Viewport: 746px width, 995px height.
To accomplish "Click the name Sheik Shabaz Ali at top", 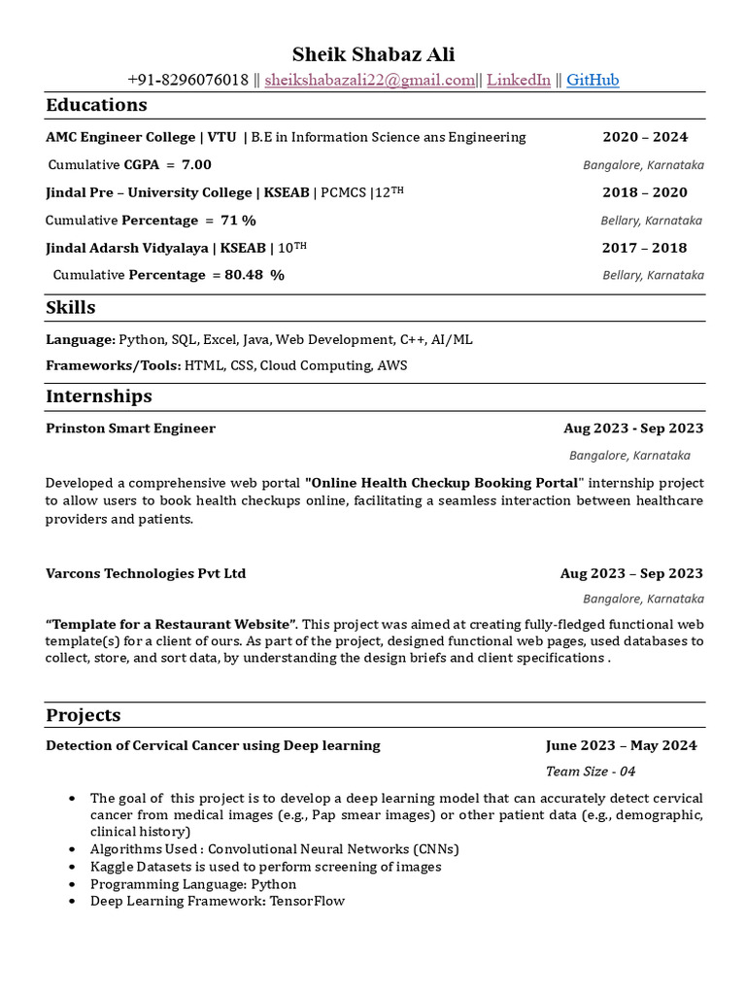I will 374,54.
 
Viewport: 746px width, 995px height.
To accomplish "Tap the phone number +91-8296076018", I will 187,80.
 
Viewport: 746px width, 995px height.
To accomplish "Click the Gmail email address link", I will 369,80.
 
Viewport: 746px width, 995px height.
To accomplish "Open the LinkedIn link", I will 518,80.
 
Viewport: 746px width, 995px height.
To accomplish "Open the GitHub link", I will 593,80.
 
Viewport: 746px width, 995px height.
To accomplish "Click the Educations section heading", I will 96,105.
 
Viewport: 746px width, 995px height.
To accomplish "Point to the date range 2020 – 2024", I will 644,137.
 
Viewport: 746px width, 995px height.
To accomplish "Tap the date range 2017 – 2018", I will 644,248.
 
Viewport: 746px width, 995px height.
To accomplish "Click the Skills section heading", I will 71,308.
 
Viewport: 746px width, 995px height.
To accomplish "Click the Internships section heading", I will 99,396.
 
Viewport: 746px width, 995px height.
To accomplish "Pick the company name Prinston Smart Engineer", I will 130,429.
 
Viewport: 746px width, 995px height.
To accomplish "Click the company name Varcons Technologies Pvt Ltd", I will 146,573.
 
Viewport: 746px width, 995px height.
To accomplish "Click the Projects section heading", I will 84,715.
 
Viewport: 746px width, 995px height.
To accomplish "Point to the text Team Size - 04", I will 591,772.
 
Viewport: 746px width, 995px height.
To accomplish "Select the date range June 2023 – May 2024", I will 621,745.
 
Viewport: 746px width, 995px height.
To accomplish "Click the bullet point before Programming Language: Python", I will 73,884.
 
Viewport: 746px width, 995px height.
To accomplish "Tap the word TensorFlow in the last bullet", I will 309,901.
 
